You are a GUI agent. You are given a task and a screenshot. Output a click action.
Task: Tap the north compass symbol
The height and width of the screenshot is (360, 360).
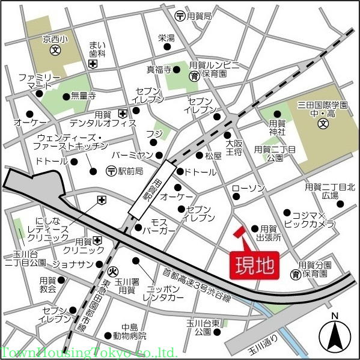click(x=335, y=335)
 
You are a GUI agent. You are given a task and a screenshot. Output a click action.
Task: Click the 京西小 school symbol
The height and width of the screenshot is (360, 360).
click(x=55, y=51)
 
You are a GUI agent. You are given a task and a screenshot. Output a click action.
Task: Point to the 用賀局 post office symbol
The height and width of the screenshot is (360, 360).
click(x=179, y=16)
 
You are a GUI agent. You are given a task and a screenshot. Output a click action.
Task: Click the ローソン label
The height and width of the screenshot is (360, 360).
click(x=248, y=189)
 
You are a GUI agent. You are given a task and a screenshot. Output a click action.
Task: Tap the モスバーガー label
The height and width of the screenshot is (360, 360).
click(x=163, y=226)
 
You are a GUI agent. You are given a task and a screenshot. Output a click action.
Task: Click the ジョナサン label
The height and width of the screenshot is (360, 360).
click(x=72, y=264)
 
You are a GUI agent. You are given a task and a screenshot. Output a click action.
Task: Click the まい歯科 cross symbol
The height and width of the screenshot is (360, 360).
click(x=91, y=64)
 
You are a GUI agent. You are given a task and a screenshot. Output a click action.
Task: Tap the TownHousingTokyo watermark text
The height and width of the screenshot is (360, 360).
click(x=89, y=353)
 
